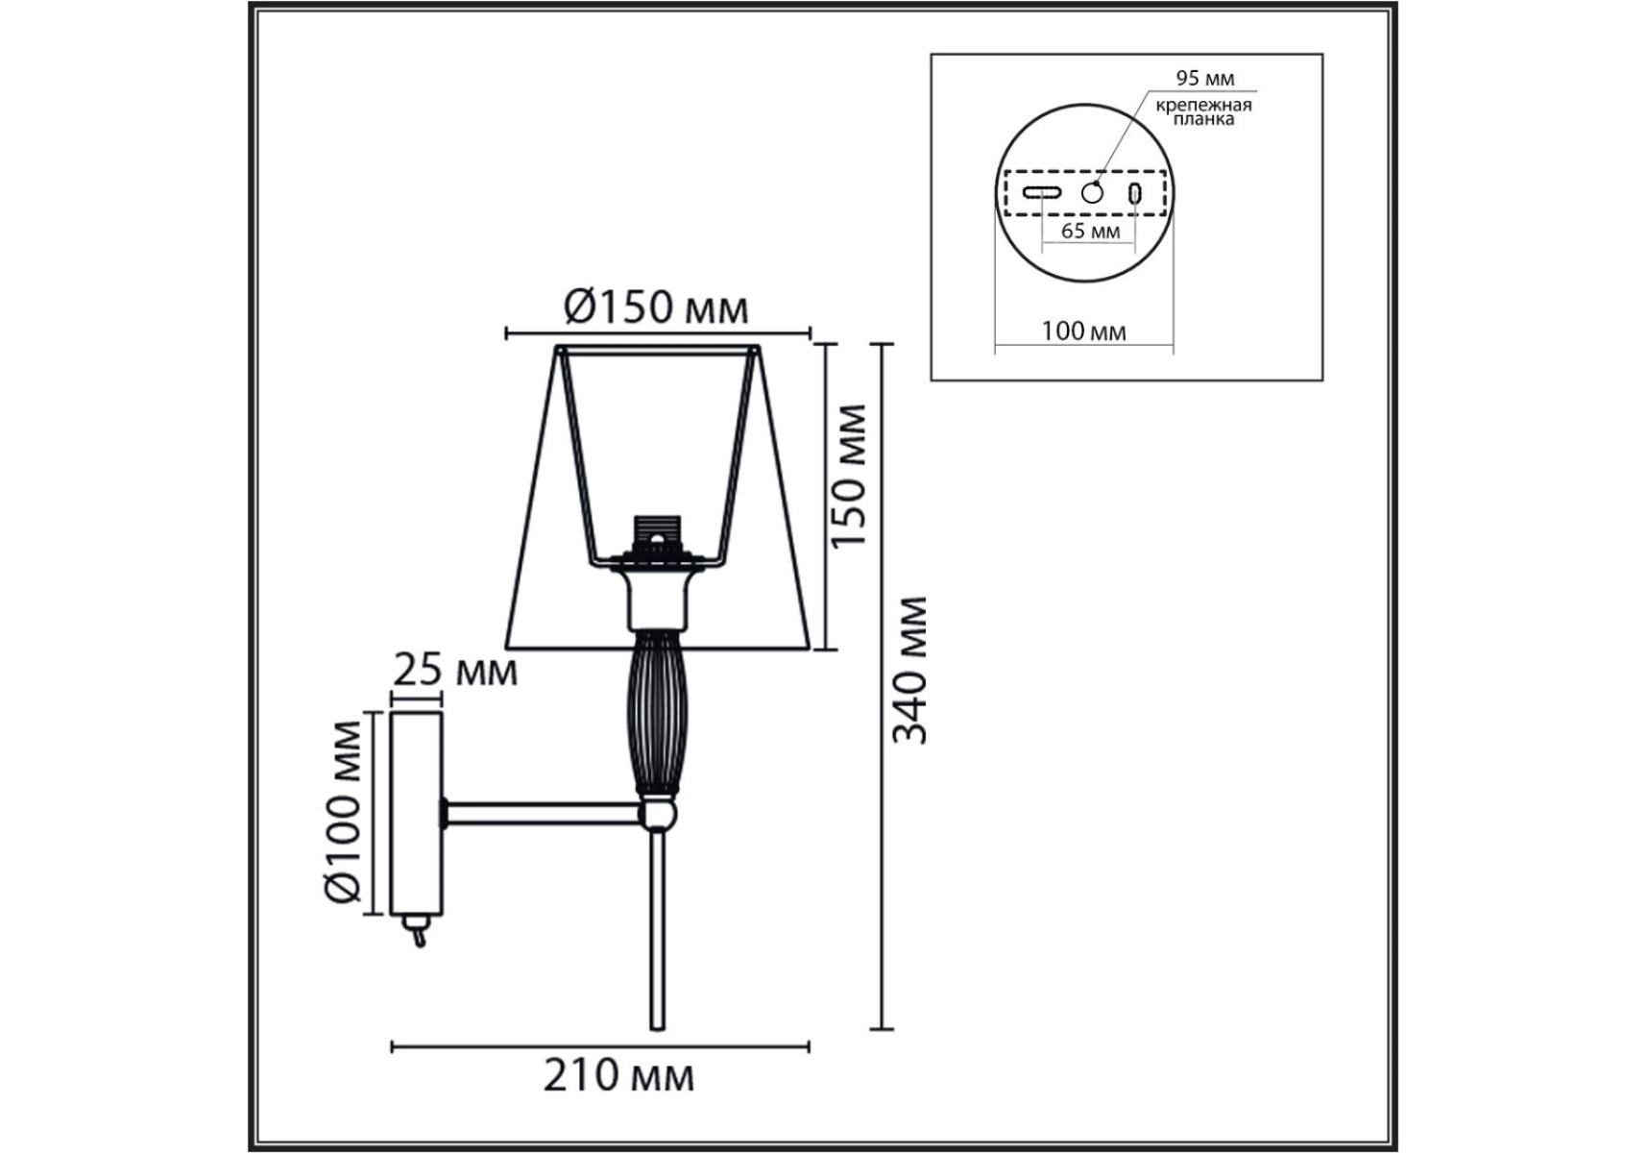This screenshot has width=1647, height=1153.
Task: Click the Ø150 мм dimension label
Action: tap(655, 307)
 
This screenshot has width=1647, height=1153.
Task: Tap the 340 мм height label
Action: tap(908, 671)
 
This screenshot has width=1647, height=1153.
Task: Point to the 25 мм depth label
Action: tap(455, 670)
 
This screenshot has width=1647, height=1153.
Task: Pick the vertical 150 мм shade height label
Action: tap(849, 477)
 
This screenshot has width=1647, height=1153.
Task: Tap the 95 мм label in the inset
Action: tap(1205, 79)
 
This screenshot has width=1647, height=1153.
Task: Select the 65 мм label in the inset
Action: tap(1089, 232)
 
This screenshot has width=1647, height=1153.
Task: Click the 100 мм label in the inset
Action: tap(1083, 331)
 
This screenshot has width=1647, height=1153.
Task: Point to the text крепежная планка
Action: tap(1203, 112)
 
